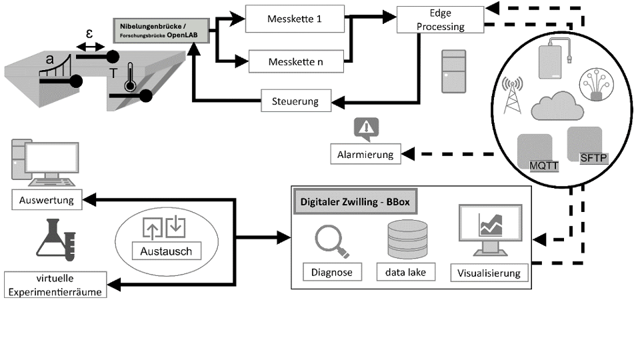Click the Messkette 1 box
[x=295, y=19]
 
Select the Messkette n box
[x=296, y=61]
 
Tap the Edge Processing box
[x=439, y=19]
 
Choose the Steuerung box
[x=295, y=101]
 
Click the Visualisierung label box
[x=489, y=272]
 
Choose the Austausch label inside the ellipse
[x=166, y=251]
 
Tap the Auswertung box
[x=47, y=199]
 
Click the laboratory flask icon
[x=54, y=241]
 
